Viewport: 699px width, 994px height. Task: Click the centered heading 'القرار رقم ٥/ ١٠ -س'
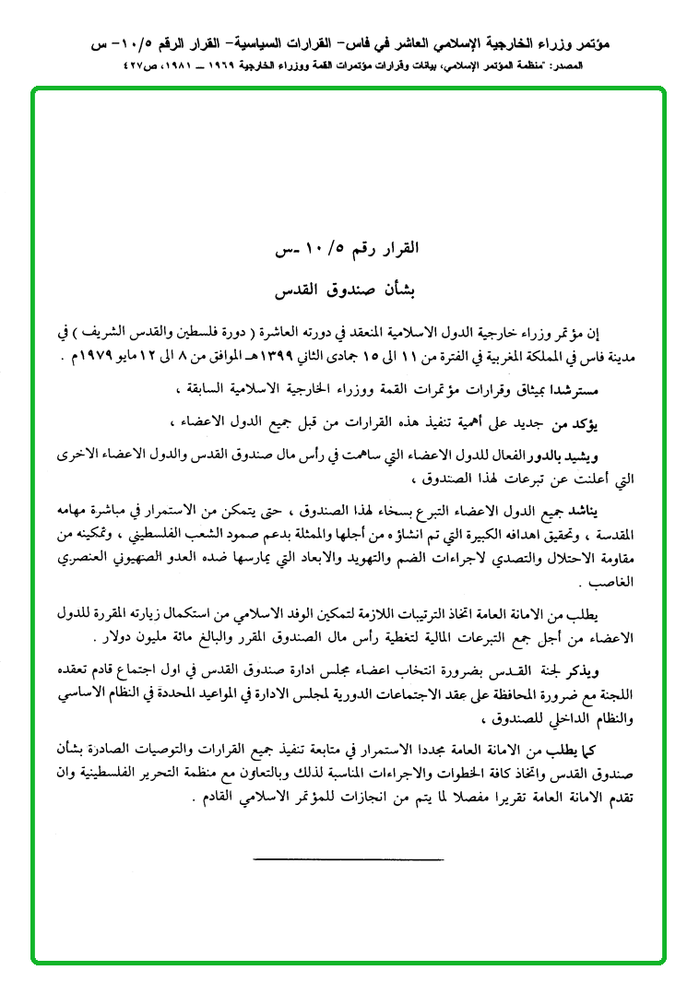click(x=349, y=249)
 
